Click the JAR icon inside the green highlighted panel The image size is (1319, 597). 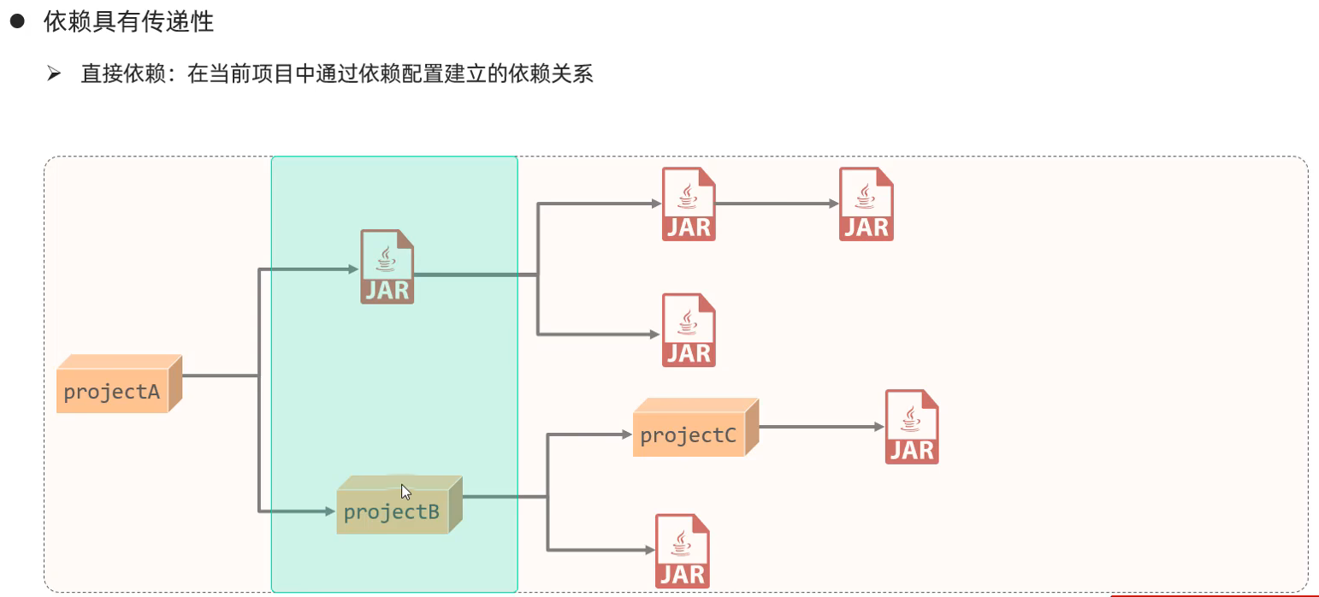tap(387, 267)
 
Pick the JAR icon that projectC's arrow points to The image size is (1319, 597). tap(911, 427)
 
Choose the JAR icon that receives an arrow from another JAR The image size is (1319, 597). tap(866, 204)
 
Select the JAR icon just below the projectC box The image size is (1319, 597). tap(682, 551)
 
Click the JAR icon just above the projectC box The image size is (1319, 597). tap(688, 330)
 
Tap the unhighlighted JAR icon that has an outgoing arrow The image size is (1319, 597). tap(688, 204)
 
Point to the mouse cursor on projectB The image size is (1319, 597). tap(405, 491)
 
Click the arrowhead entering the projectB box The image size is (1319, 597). tap(329, 511)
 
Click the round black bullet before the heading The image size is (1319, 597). tap(15, 22)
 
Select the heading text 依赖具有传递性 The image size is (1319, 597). tap(128, 22)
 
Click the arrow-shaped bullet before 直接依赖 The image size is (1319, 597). tap(54, 74)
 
